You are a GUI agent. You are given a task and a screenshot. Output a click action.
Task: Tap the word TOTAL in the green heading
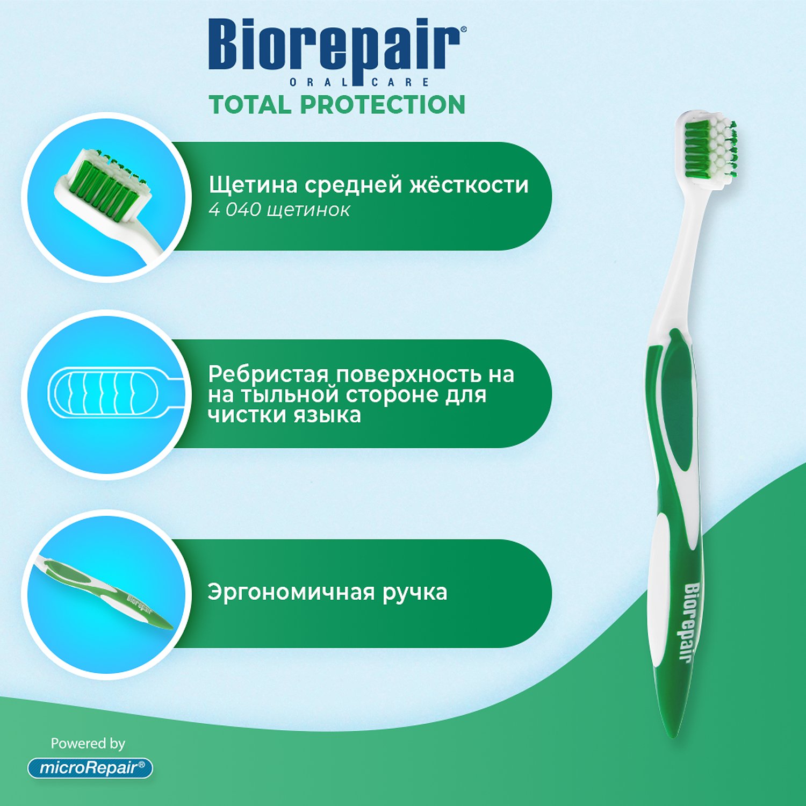[x=250, y=105]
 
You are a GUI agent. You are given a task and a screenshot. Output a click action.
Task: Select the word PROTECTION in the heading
[x=383, y=105]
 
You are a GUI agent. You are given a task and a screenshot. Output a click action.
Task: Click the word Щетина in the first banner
[x=253, y=185]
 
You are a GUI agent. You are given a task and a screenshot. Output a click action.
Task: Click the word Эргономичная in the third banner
[x=291, y=592]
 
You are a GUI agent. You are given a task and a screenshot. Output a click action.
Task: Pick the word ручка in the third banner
[x=415, y=593]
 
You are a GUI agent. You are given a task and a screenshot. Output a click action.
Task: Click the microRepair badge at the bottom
[x=90, y=768]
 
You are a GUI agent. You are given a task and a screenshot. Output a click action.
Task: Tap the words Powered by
[x=88, y=744]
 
